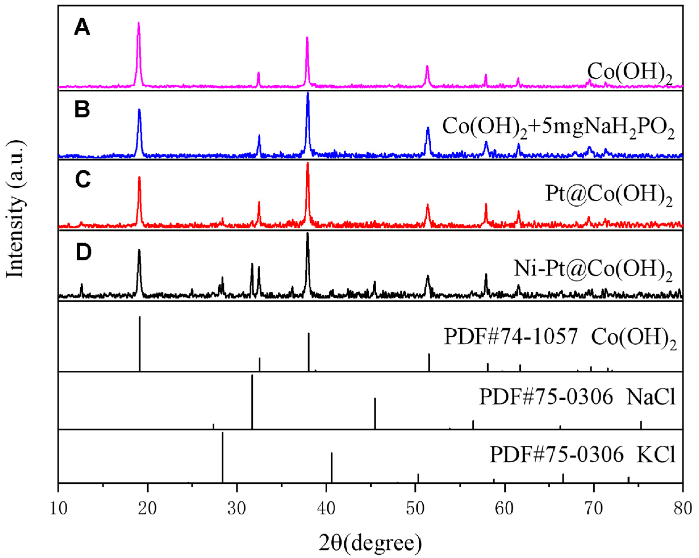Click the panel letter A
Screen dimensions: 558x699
pos(82,28)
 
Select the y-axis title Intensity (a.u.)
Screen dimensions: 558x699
pos(16,209)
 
